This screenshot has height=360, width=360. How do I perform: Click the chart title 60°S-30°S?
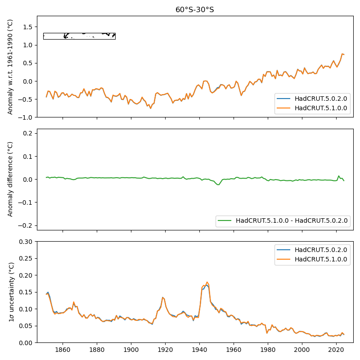pos(194,9)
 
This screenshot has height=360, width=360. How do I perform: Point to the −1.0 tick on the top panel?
pos(27,117)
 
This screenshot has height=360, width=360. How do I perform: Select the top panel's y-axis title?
pos(10,67)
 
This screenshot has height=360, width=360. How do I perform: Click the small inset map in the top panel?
pos(79,36)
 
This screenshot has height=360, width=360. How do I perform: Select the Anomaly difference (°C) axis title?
pos(10,179)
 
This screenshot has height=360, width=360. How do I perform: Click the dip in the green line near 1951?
pos(218,184)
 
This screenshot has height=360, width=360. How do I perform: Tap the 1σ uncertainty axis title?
pos(10,292)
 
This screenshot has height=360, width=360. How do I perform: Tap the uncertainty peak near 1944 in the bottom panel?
pos(207,283)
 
